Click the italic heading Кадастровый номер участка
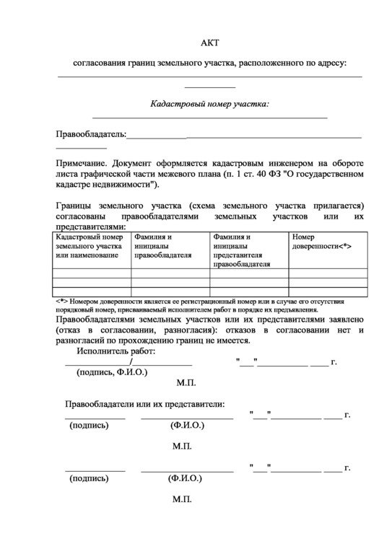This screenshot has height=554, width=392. (x=209, y=104)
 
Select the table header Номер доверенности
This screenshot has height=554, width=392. (x=321, y=242)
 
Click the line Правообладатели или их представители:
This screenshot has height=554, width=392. (x=144, y=403)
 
